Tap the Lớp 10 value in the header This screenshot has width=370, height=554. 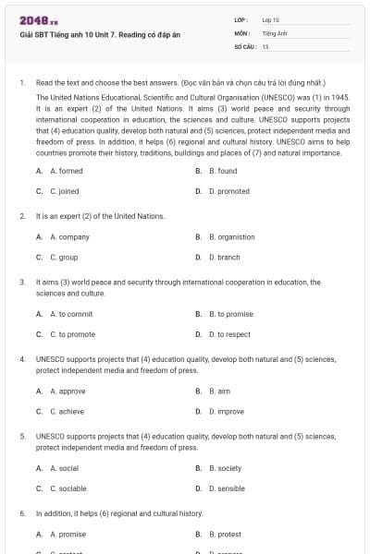pos(270,19)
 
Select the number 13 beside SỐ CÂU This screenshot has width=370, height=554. pos(265,45)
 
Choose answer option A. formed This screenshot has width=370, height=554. pos(66,171)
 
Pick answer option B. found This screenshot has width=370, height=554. pos(222,171)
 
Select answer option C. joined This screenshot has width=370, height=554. pos(64,191)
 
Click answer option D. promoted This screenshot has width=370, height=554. pos(228,191)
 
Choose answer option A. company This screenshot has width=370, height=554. pos(69,236)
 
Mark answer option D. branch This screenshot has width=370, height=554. pos(226,257)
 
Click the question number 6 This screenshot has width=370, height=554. pos(21,512)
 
